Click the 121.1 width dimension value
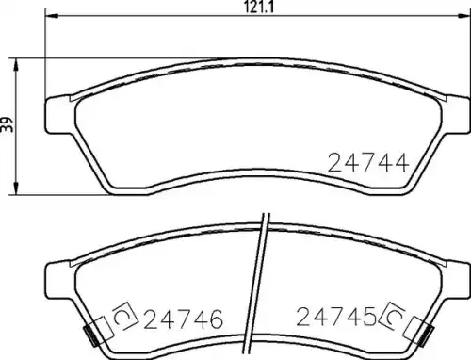(259, 7)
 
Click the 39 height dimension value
(8, 124)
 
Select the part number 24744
(368, 162)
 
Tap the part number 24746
(184, 319)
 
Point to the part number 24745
(336, 317)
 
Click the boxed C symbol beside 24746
(125, 316)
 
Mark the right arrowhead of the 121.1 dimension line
(464, 15)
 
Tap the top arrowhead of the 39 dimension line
(16, 65)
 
